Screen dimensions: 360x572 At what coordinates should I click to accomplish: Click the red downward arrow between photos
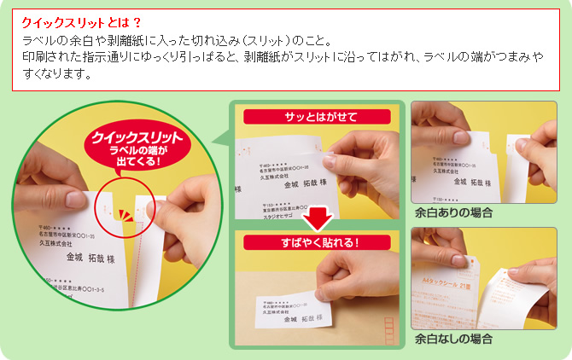pyautogui.click(x=318, y=218)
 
